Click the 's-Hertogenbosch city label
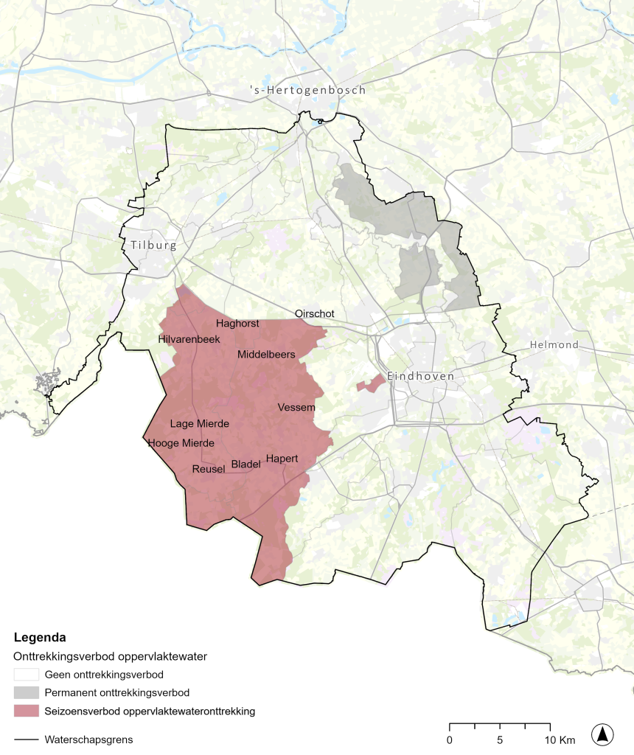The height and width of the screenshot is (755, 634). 307,90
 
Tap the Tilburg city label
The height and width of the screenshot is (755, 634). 153,246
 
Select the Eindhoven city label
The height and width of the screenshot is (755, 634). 420,376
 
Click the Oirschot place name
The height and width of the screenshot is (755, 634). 315,313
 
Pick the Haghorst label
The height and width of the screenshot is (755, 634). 237,324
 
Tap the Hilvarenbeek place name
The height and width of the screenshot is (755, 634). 189,339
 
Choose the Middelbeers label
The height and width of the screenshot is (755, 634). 266,355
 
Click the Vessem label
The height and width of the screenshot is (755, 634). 296,408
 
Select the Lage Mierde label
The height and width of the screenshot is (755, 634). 200,424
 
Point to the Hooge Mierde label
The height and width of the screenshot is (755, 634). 181,443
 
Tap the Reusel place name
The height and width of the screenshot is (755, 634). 208,470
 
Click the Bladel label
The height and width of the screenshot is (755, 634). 245,465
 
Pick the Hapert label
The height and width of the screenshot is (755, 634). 282,459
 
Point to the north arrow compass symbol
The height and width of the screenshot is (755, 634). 602,734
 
